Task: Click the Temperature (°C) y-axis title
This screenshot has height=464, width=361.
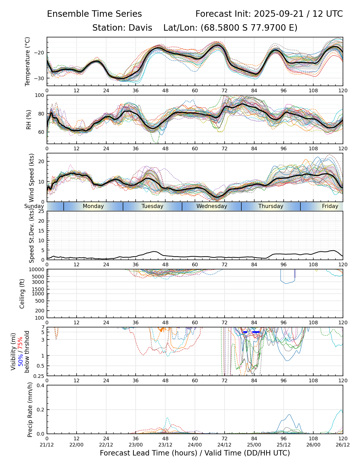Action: pyautogui.click(x=28, y=61)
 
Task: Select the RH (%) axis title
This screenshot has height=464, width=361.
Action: pyautogui.click(x=29, y=120)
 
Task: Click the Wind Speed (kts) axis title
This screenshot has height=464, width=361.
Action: pyautogui.click(x=32, y=178)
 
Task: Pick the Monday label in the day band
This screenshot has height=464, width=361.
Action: pyautogui.click(x=93, y=206)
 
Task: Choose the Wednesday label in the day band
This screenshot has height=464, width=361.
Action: pyautogui.click(x=212, y=206)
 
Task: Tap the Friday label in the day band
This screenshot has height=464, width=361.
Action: pyautogui.click(x=330, y=206)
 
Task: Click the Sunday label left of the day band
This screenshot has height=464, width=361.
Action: pyautogui.click(x=34, y=206)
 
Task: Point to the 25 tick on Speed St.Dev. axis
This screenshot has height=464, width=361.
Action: pyautogui.click(x=41, y=211)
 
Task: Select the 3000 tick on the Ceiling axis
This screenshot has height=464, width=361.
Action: pyautogui.click(x=38, y=282)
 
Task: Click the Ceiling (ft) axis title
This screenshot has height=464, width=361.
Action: pyautogui.click(x=22, y=294)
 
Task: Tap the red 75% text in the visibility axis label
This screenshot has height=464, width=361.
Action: pyautogui.click(x=20, y=343)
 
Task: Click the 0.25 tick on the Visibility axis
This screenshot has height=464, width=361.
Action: pyautogui.click(x=39, y=376)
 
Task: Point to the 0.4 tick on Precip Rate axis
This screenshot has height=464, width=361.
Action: pyautogui.click(x=41, y=385)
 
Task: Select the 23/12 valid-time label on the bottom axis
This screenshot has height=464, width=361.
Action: pyautogui.click(x=165, y=444)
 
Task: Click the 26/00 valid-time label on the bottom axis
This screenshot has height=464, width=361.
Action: pyautogui.click(x=313, y=444)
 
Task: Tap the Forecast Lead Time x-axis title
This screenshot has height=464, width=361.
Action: pyautogui.click(x=195, y=453)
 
